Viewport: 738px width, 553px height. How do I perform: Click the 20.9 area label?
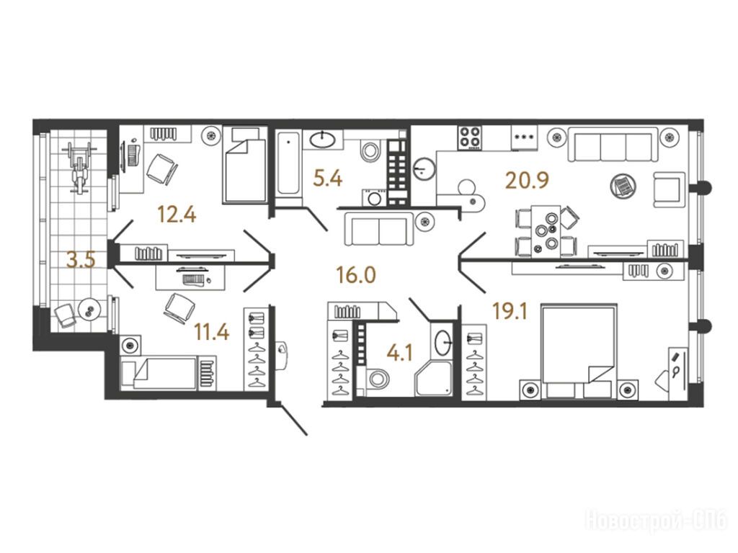pos(527,179)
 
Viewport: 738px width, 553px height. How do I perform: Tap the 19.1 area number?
pos(510,311)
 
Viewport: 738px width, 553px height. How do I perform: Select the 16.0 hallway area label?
pos(356,274)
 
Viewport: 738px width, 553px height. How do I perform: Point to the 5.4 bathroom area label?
pos(328,179)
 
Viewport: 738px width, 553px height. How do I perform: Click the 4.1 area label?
pos(399,353)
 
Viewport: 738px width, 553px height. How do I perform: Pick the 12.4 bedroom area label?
pos(177,215)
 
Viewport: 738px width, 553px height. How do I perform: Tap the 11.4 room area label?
pos(212,333)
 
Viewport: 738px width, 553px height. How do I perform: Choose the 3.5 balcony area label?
pos(81,259)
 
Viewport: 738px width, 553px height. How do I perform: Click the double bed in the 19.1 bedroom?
pos(579,351)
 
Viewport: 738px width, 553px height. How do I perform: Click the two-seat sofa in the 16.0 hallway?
pos(379,228)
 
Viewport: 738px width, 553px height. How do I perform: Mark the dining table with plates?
pos(546,231)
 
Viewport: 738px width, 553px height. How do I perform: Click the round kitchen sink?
pos(424,168)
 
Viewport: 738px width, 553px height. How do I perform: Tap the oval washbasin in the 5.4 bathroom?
pos(323,139)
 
